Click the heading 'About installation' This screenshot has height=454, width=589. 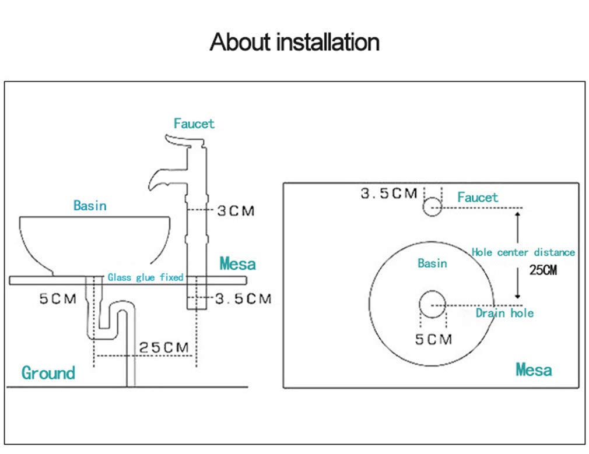pyautogui.click(x=294, y=42)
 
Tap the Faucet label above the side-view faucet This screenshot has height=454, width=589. pyautogui.click(x=194, y=124)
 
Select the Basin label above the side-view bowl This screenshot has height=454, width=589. pyautogui.click(x=90, y=205)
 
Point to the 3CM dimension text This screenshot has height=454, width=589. pyautogui.click(x=236, y=210)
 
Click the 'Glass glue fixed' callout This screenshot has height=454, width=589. pyautogui.click(x=145, y=277)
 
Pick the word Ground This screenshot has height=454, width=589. pyautogui.click(x=48, y=373)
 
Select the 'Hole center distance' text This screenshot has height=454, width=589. pyautogui.click(x=523, y=252)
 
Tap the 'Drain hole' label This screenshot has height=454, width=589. pyautogui.click(x=504, y=313)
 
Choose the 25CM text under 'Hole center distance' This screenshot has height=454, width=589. pyautogui.click(x=543, y=270)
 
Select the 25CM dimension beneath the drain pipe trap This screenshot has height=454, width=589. pyautogui.click(x=164, y=347)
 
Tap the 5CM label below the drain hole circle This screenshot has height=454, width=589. pyautogui.click(x=433, y=339)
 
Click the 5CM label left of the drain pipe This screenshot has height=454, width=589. pyautogui.click(x=58, y=299)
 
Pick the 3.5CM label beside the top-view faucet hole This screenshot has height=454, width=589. pyautogui.click(x=389, y=193)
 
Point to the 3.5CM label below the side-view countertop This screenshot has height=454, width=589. pyautogui.click(x=243, y=299)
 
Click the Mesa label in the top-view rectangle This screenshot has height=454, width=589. pyautogui.click(x=534, y=370)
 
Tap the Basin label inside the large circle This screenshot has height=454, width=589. pyautogui.click(x=432, y=263)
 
